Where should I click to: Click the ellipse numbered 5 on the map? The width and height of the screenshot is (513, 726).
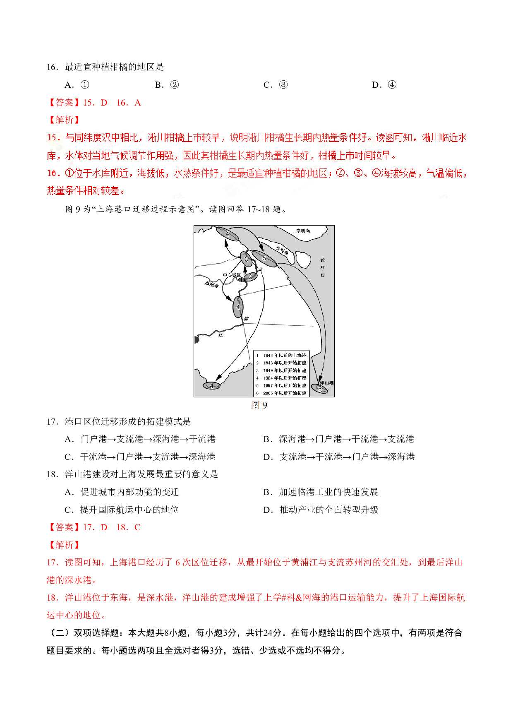(264, 258)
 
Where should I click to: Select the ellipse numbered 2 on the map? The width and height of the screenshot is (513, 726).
(250, 277)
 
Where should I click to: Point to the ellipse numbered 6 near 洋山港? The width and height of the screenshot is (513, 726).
(319, 389)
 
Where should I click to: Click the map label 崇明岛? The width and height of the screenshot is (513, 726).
(303, 231)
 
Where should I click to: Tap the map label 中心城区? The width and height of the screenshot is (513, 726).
(231, 275)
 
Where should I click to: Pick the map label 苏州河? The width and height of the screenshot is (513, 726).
(211, 284)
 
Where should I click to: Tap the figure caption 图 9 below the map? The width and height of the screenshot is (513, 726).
(259, 405)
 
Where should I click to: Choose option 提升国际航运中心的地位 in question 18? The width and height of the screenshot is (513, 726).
(129, 510)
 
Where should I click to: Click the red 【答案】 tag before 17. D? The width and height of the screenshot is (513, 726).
(64, 527)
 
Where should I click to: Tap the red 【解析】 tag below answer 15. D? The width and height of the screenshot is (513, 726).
(64, 120)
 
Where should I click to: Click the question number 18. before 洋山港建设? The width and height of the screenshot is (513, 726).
(53, 474)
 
